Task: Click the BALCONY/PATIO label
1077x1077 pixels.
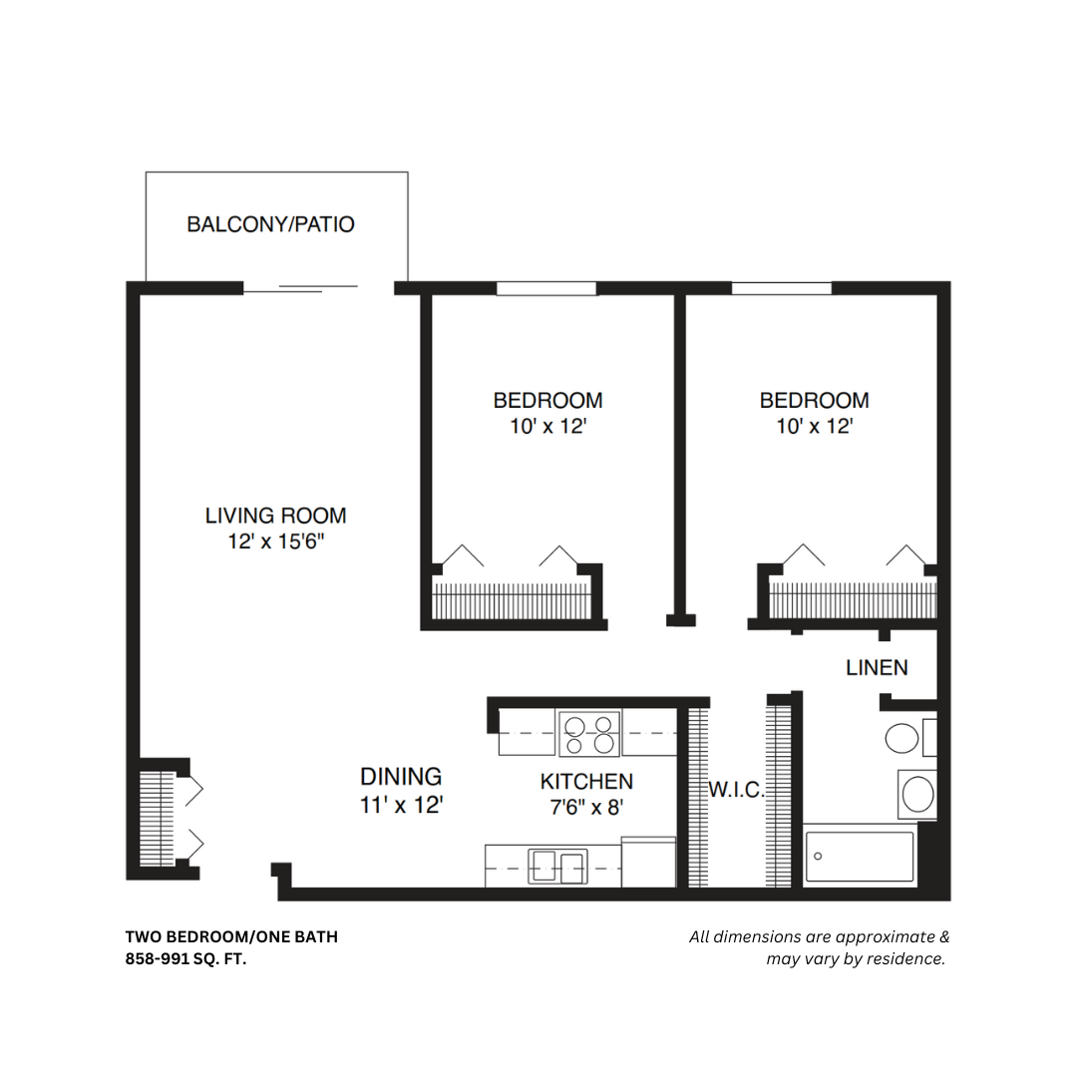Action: [x=270, y=224]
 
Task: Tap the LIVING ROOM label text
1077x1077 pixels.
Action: [x=275, y=516]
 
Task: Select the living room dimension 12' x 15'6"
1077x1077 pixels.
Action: [x=275, y=542]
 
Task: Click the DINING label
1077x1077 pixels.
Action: [x=401, y=776]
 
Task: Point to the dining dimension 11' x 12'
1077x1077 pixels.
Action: [x=401, y=805]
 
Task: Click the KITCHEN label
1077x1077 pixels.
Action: [x=586, y=781]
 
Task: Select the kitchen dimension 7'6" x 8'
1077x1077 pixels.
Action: [x=586, y=808]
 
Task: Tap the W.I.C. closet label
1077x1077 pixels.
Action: [x=736, y=791]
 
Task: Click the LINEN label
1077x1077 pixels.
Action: [x=877, y=667]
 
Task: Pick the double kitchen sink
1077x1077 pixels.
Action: [x=556, y=867]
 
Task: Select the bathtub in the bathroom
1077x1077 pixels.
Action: [x=859, y=857]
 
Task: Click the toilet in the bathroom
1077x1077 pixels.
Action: [x=903, y=739]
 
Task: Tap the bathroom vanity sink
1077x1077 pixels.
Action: [x=916, y=795]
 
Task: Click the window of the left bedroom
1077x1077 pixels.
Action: [x=545, y=289]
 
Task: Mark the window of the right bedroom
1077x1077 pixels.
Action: [x=781, y=289]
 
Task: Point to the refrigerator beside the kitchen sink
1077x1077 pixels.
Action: [x=648, y=862]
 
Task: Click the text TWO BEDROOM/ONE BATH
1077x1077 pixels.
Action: [x=231, y=937]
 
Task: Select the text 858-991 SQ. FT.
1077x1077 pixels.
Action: [x=185, y=959]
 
